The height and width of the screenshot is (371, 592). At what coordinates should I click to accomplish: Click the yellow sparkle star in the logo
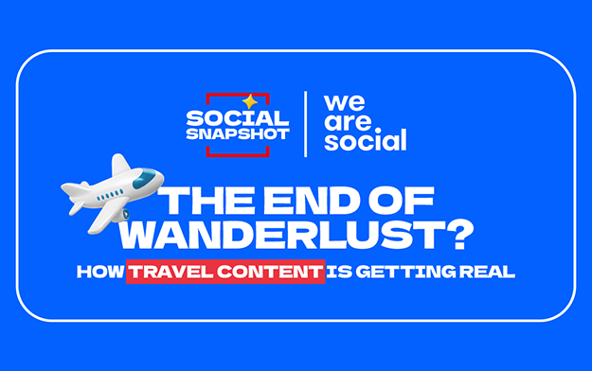pos(249,102)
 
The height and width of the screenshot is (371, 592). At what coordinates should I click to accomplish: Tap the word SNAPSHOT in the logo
pos(238,134)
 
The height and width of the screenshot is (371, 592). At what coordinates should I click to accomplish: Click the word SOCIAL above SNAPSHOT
pos(238,118)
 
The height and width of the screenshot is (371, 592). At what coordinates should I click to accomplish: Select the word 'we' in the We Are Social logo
pos(345,102)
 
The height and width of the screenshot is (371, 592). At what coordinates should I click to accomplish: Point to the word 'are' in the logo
pos(348,122)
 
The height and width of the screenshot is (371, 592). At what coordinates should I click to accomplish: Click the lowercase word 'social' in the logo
pos(366,140)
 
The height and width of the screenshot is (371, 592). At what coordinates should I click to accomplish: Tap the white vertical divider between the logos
pos(305,124)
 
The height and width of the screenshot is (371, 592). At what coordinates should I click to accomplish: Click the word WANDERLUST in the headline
pos(280,234)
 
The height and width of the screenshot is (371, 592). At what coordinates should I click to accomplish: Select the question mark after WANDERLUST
pos(458,235)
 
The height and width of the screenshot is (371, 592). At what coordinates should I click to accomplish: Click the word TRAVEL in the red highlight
pos(171,272)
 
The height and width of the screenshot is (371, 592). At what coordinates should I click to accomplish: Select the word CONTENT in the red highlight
pos(270,272)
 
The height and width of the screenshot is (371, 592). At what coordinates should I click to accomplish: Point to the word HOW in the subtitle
pos(100,272)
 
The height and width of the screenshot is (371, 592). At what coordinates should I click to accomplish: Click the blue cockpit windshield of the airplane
pos(144,178)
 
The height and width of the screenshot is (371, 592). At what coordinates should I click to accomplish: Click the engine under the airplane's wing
pos(123,214)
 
